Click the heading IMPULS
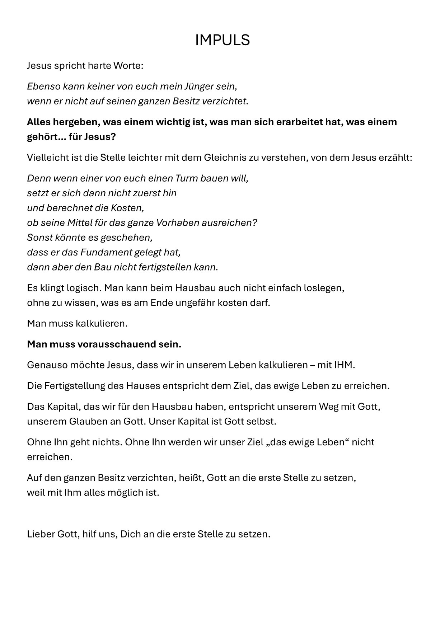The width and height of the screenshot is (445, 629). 222,40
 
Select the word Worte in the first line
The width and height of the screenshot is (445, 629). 128,66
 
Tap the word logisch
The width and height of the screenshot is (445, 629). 83,288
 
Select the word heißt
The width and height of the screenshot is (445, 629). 192,478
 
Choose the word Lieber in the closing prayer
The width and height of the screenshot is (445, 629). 41,534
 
